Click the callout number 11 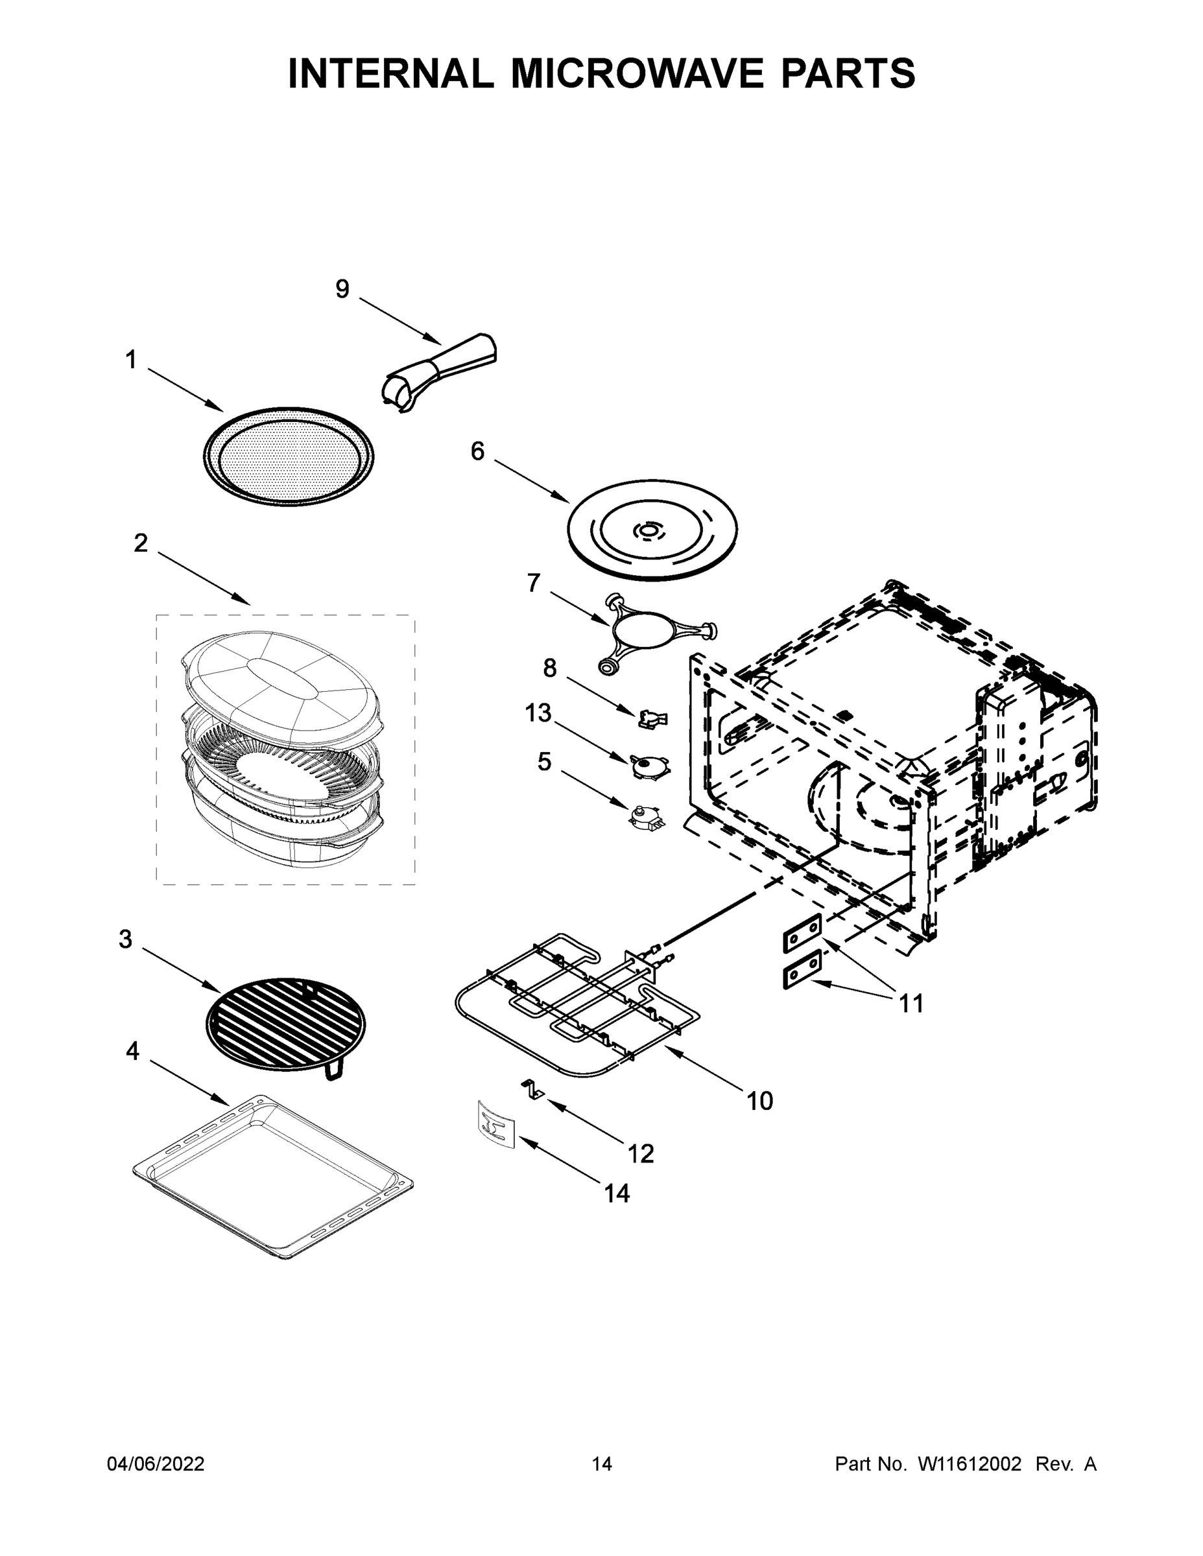911,1003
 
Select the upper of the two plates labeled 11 802,934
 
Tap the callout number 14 617,1194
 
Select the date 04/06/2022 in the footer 156,1463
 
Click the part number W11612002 970,1463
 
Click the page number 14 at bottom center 602,1463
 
